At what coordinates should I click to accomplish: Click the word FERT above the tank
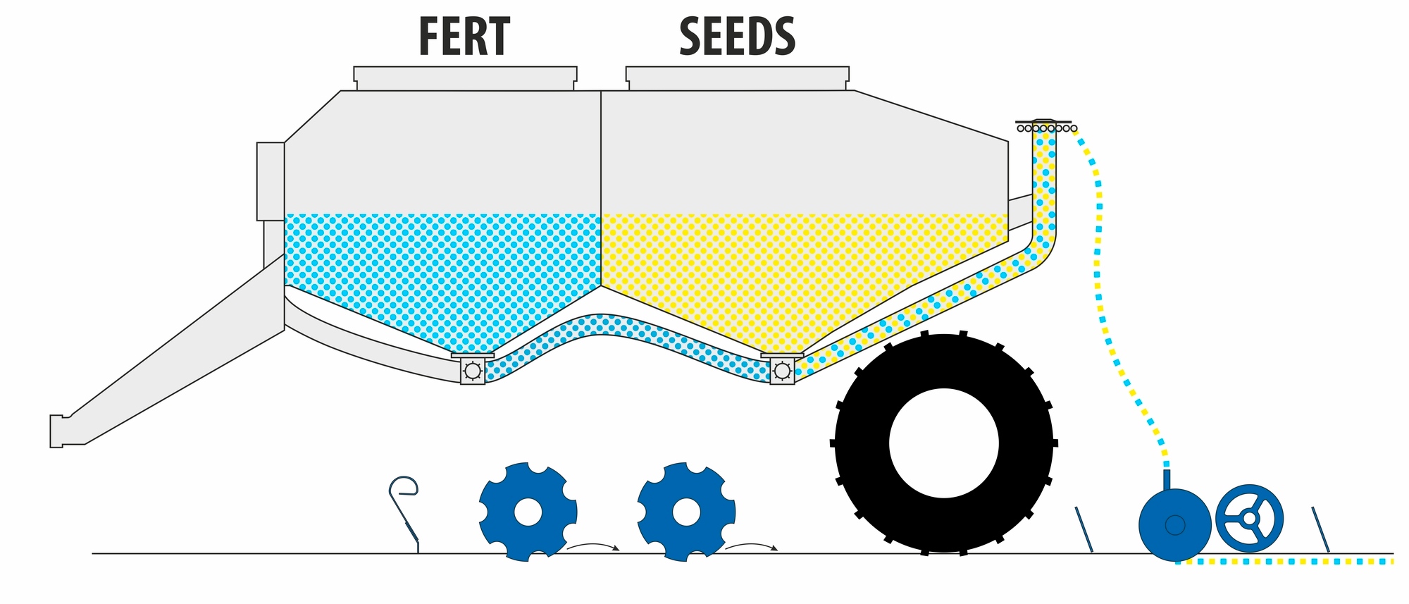coord(464,37)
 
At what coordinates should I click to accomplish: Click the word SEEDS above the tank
coord(737,37)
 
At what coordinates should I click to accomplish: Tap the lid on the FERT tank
coord(465,79)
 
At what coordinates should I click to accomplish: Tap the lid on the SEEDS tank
coord(738,79)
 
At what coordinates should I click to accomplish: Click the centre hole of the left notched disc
coord(528,512)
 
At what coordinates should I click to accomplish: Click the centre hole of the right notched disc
coord(686,512)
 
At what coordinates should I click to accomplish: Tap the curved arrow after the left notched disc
coord(593,546)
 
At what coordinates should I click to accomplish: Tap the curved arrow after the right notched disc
coord(752,546)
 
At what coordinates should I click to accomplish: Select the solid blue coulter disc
coord(1175,525)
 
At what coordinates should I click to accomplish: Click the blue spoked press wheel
coord(1250,518)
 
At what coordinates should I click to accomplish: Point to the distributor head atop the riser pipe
coord(1044,125)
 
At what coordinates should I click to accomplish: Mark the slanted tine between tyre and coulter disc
coord(1084,529)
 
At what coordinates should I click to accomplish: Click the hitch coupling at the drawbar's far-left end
coord(57,431)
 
